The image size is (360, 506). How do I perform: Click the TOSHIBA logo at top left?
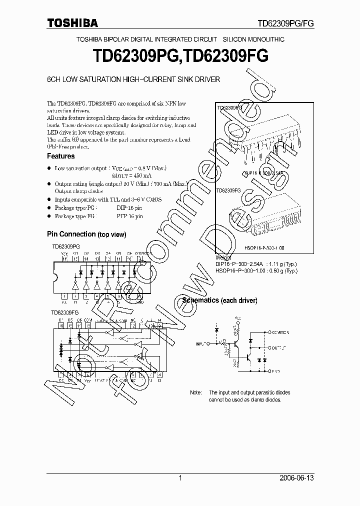pyautogui.click(x=72, y=22)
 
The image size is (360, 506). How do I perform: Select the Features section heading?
pyautogui.click(x=60, y=156)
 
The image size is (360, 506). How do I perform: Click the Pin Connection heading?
pyautogui.click(x=71, y=234)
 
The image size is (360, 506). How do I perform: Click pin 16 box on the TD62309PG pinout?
pyautogui.click(x=64, y=259)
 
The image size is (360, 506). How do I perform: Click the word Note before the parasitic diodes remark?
pyautogui.click(x=196, y=393)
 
